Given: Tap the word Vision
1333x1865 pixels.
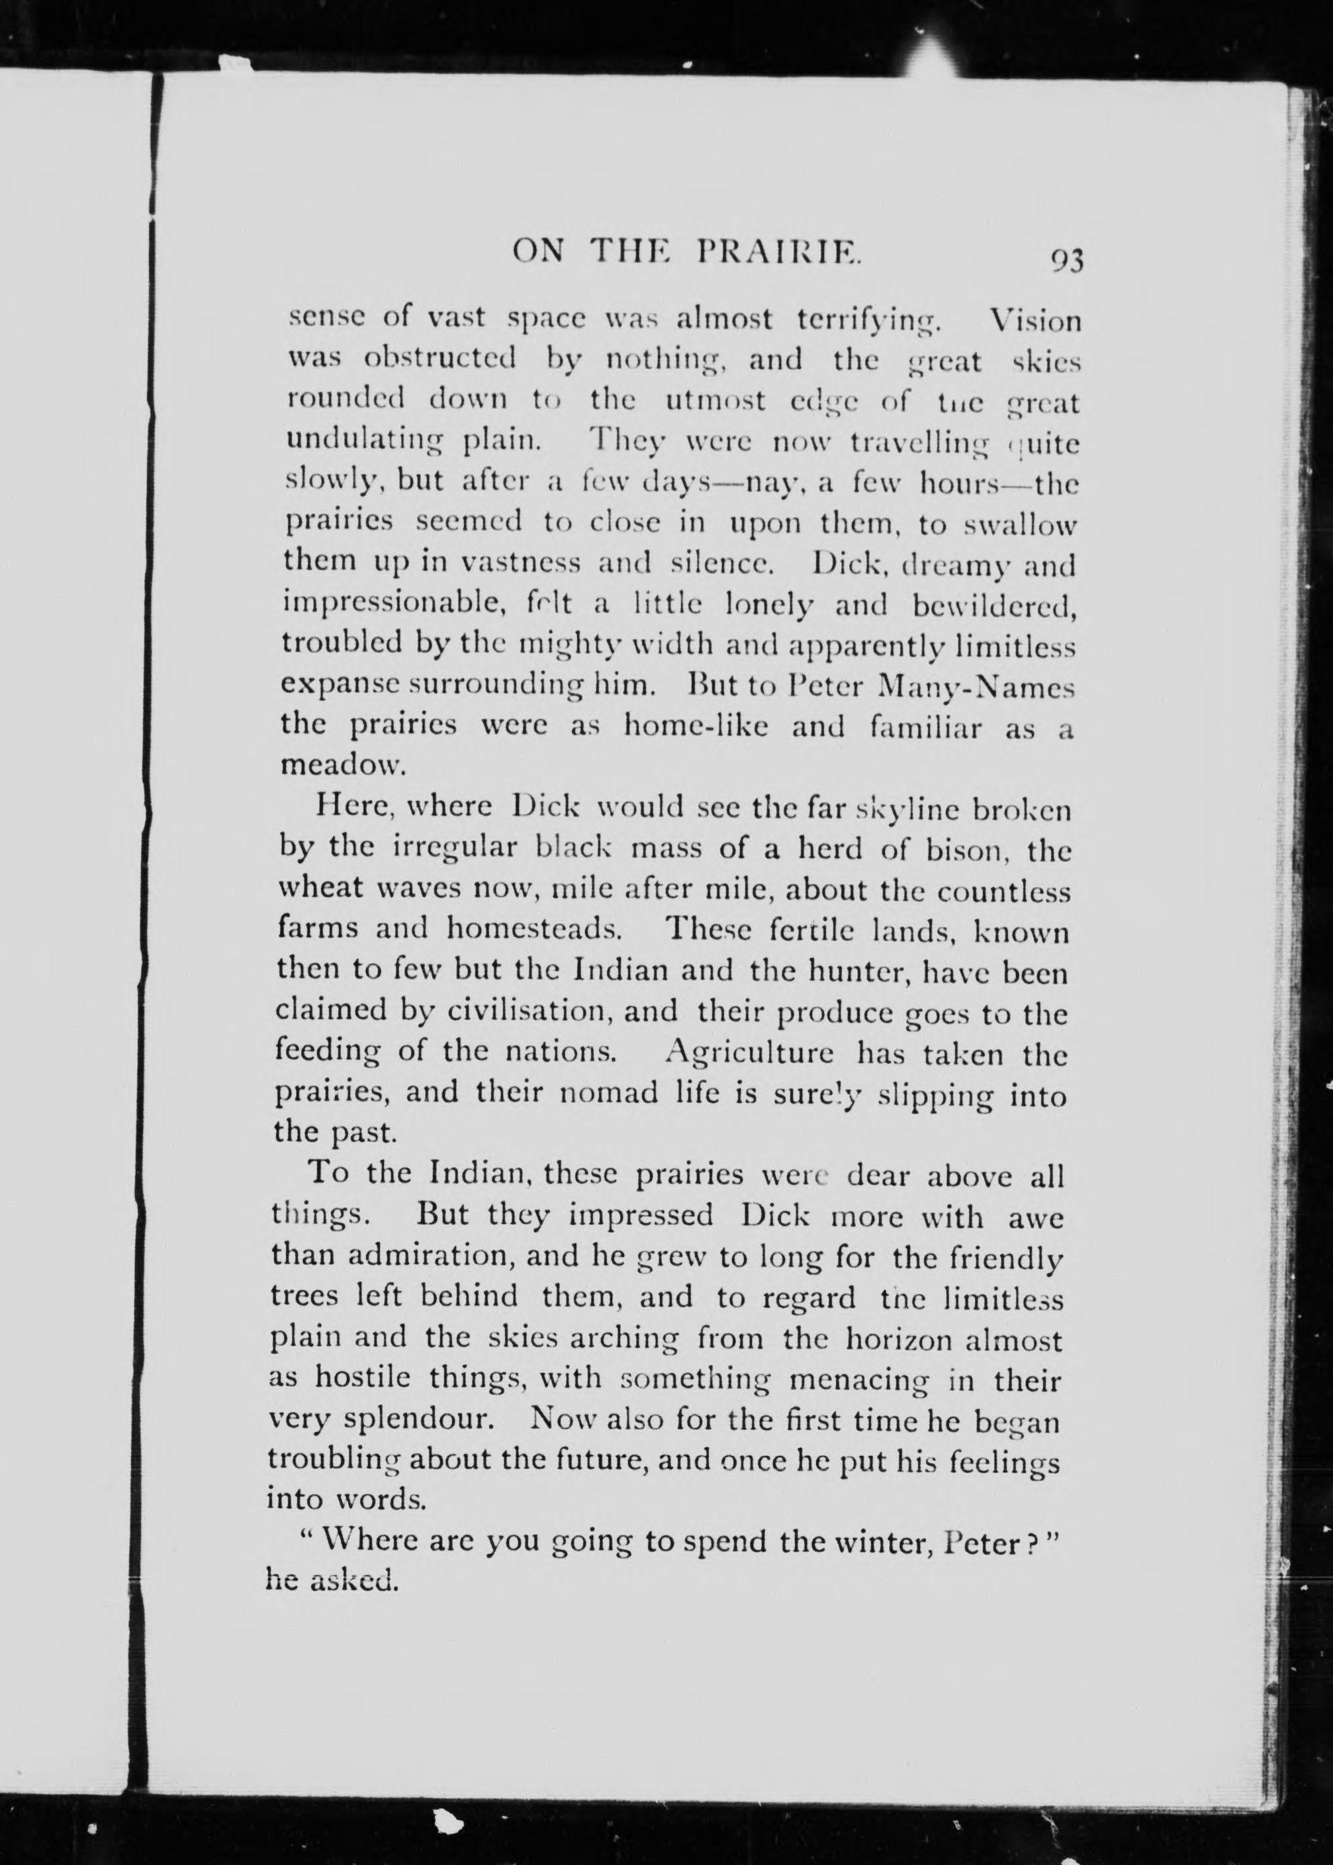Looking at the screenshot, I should point(1036,320).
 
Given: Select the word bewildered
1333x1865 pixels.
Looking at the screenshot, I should point(993,606).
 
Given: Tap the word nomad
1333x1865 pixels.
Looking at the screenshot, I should point(608,1094).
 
